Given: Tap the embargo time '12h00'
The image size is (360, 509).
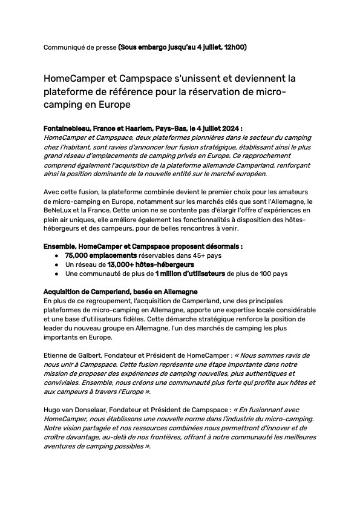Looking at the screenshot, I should pos(234,47).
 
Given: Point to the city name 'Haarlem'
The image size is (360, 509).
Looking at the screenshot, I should pos(141,129).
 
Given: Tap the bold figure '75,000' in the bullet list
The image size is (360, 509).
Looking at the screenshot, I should pos(78,255).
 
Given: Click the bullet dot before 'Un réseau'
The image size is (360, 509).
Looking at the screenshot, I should pos(56,265).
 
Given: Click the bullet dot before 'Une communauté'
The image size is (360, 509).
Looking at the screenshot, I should pos(56,274).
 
